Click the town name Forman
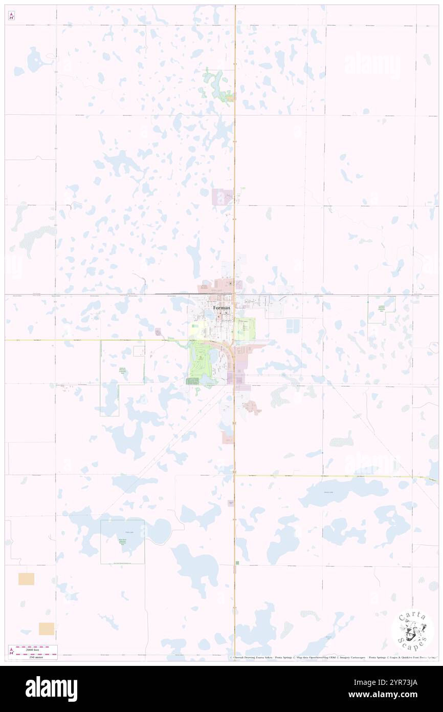(x=221, y=307)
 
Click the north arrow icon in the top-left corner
(x=11, y=16)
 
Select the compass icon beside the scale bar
(x=12, y=652)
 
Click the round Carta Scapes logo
(x=412, y=631)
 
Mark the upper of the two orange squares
(x=26, y=579)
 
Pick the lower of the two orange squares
(x=47, y=629)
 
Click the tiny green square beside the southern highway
(x=237, y=563)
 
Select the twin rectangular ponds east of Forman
(x=293, y=325)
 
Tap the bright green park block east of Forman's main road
(x=244, y=327)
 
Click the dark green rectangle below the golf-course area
(x=193, y=381)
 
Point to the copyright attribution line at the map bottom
(x=333, y=657)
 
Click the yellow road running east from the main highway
(x=327, y=476)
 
